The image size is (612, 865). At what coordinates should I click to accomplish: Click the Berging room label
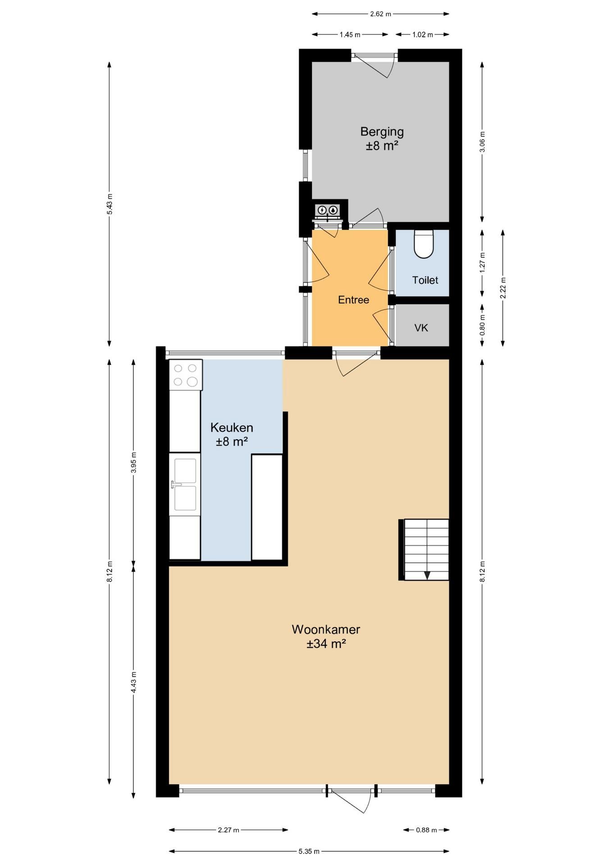point(381,138)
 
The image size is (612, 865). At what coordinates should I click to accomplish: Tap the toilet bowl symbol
point(423,245)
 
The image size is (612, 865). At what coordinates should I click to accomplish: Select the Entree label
point(353,300)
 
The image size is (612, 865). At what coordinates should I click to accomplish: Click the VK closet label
point(421,328)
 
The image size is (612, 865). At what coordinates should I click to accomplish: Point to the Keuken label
point(232,434)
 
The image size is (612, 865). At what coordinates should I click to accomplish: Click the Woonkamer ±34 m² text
point(325,636)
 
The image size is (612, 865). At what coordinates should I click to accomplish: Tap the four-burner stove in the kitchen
point(186,375)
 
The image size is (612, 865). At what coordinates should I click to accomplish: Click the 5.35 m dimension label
point(309,851)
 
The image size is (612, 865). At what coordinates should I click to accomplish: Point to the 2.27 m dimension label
point(228,830)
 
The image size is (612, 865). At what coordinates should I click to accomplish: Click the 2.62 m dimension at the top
point(380,14)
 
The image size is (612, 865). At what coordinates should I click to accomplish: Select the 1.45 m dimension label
point(350,35)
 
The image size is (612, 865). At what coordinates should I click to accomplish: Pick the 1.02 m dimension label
point(422,35)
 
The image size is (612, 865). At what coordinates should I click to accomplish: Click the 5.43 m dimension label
point(110,205)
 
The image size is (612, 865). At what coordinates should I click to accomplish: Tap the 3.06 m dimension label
point(482,142)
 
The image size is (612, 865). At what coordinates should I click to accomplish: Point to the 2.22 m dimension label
point(503,287)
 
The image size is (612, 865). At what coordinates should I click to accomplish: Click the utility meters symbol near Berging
point(327,210)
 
